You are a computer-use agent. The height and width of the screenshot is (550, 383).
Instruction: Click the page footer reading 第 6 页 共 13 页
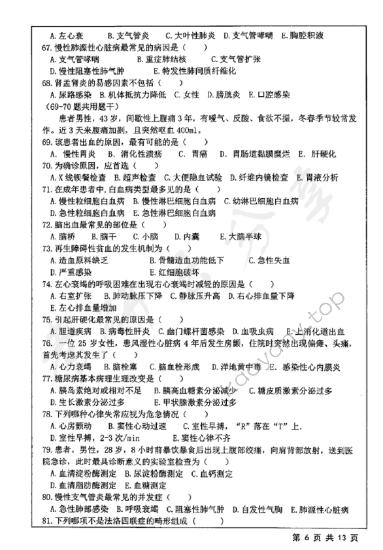[x=324, y=538]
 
